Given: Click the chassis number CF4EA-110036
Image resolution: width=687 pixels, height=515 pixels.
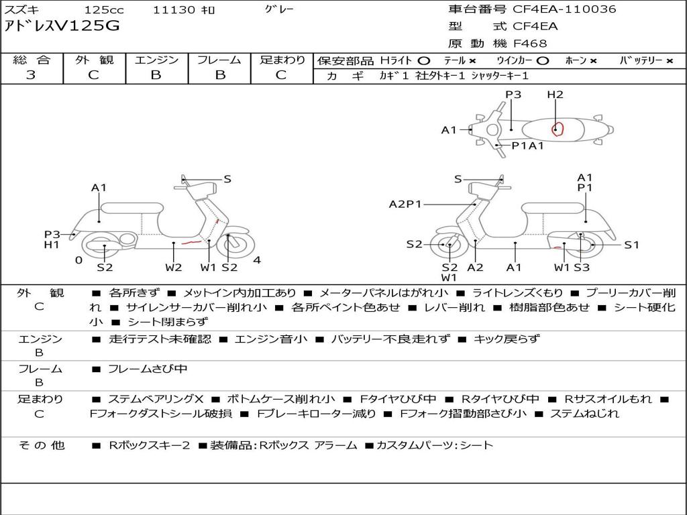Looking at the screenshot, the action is [x=564, y=9].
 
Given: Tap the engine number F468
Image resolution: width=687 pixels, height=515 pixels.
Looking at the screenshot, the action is [x=530, y=44].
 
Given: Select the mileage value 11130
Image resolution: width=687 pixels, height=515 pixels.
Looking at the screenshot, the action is [x=174, y=10].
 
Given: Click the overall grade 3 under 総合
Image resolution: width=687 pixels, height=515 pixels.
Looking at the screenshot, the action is [x=31, y=75].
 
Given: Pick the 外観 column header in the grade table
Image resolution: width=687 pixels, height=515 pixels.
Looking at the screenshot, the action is [x=94, y=60].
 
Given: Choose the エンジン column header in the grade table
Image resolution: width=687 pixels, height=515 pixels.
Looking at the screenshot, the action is [x=156, y=60].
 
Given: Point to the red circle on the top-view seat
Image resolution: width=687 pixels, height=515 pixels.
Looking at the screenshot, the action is [x=557, y=129].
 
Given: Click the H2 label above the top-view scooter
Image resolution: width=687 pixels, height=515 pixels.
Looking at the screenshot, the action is [x=555, y=95].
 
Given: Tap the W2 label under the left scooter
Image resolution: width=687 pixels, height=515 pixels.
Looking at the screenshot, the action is [x=174, y=268].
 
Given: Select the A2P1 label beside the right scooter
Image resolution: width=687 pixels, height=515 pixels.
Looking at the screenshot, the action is [x=405, y=204].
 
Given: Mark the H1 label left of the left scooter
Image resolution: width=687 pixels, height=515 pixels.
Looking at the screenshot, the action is [x=52, y=245].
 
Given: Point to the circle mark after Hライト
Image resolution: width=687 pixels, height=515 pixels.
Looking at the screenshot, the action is [x=423, y=60].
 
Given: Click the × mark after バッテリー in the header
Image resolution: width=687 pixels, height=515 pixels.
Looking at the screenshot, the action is [x=669, y=60].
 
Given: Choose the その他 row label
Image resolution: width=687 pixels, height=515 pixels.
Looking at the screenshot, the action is [x=42, y=445].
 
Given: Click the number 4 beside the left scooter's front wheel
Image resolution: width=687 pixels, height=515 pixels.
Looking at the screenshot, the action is [x=257, y=260].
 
